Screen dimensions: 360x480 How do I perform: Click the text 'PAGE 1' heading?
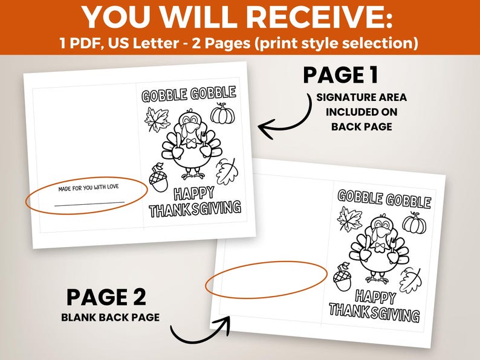click(x=340, y=75)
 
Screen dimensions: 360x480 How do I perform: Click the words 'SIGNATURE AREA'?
click(x=362, y=98)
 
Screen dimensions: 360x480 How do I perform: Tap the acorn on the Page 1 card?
click(x=158, y=178)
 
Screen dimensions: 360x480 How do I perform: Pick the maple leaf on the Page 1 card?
click(x=157, y=119)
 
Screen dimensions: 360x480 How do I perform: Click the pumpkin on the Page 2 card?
click(x=414, y=223)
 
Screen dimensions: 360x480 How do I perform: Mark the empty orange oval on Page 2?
click(x=266, y=279)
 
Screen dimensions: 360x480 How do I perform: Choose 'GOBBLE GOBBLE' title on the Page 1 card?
click(x=189, y=94)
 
